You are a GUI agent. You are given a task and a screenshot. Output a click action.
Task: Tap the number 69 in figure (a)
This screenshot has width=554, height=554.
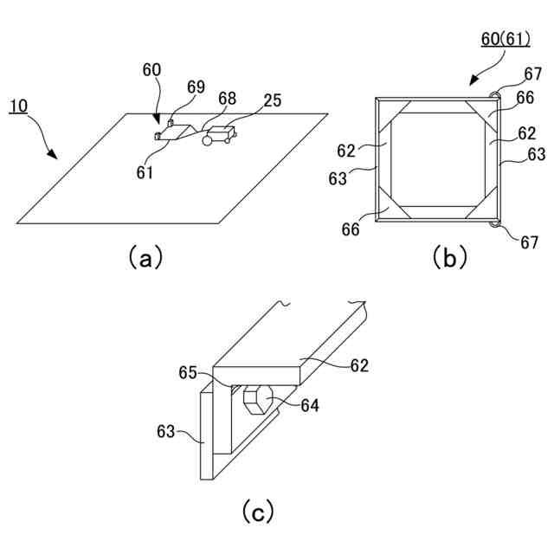(196, 87)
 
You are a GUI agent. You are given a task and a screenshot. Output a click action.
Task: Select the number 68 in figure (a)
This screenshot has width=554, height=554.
(228, 100)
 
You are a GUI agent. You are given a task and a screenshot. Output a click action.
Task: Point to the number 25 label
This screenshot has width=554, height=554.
(272, 100)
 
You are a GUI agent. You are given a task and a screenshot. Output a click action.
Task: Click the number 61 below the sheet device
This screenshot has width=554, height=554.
(145, 172)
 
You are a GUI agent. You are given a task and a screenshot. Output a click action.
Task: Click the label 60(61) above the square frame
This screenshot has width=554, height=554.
(507, 39)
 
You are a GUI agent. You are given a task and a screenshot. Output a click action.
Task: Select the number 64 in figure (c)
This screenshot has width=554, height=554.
(310, 404)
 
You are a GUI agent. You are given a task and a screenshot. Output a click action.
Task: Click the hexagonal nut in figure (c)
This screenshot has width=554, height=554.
(258, 402)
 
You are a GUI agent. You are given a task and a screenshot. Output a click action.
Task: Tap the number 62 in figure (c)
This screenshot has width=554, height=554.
(359, 365)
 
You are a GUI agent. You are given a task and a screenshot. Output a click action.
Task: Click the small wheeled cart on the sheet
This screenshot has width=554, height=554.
(218, 136)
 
